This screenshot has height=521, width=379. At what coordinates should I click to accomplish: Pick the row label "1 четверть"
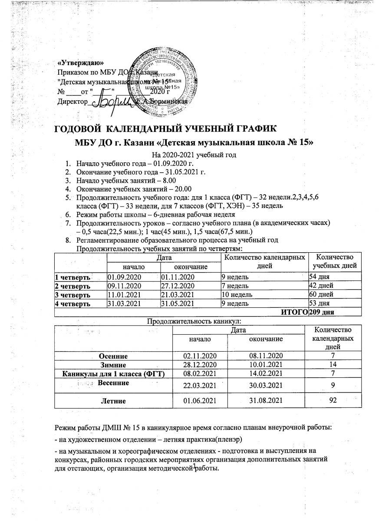click(x=73, y=277)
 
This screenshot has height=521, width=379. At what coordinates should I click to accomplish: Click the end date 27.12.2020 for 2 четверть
click(x=178, y=285)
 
